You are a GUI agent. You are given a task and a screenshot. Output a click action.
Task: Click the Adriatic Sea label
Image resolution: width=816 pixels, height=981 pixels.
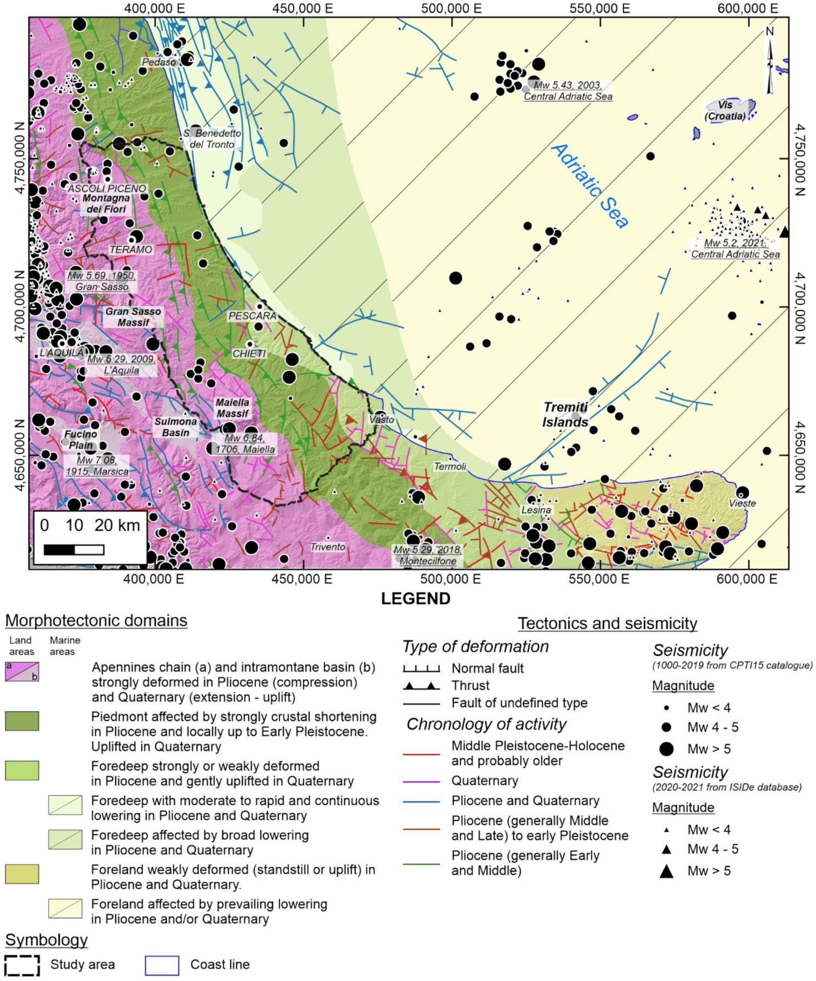point(590,186)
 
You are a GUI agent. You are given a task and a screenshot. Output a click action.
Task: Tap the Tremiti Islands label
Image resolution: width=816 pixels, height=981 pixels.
point(565,414)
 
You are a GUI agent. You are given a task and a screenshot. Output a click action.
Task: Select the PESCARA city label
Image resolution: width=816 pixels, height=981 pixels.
point(252,316)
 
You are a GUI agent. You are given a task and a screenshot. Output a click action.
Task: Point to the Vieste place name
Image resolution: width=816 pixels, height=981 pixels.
point(742,503)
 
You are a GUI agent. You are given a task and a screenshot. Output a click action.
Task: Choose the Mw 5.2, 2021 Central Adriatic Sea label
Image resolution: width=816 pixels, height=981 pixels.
point(735,249)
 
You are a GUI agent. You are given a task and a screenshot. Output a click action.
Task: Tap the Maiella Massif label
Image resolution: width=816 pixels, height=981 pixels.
point(232,408)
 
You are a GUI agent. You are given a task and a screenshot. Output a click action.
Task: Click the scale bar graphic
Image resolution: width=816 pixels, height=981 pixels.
point(74,550)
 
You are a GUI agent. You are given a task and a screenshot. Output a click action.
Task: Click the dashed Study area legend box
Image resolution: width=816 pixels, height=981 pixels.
point(22,965)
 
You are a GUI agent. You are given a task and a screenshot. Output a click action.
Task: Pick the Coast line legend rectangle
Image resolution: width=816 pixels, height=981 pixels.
point(162,965)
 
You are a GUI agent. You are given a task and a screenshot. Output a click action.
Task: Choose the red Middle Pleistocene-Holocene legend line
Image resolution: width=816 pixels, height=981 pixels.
point(422,754)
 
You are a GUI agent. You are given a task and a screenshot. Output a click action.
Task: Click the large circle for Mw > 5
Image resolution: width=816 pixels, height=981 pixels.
point(666,749)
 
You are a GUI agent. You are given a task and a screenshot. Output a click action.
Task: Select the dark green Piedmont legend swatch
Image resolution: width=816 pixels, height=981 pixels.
point(22,721)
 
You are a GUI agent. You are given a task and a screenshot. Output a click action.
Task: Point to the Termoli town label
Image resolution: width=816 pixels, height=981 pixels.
point(450,466)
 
